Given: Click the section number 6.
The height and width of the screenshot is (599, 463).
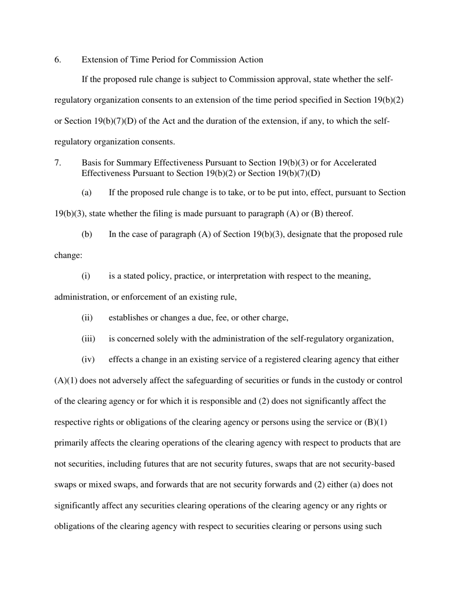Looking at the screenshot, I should (x=58, y=60).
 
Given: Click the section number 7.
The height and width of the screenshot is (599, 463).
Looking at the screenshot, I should (x=58, y=163).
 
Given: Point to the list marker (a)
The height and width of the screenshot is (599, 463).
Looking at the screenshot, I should (x=86, y=193).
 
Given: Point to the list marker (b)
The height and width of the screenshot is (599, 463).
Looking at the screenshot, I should (x=86, y=235).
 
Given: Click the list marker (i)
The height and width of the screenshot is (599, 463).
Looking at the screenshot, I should (x=85, y=276).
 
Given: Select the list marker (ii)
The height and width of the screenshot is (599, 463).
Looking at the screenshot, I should (x=87, y=318).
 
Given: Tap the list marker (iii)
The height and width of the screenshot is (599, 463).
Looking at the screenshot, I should (x=88, y=339).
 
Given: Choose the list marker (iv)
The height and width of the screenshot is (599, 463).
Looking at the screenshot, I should (x=88, y=360).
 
